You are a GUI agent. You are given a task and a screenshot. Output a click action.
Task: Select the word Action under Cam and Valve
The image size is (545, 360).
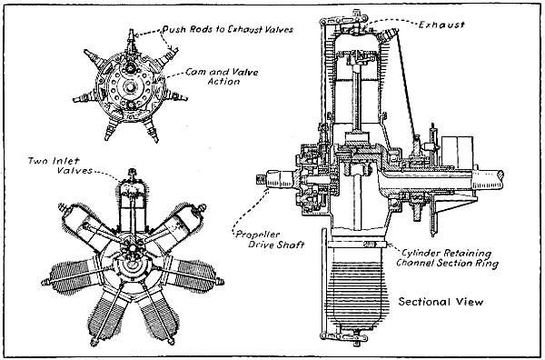(221, 82)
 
